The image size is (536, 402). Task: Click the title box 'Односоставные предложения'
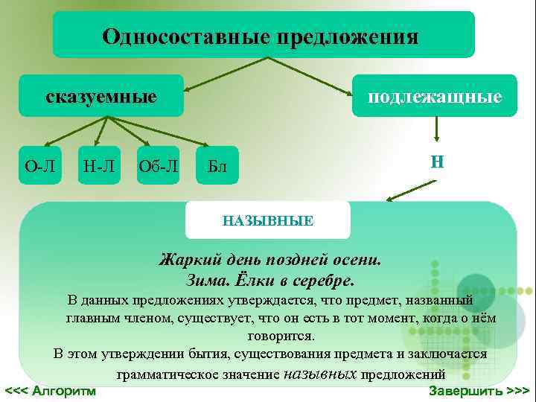coord(263,35)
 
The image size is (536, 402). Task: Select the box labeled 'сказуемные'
coord(101,96)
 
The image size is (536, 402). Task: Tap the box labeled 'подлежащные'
coord(435,96)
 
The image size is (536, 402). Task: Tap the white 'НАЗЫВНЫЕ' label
coord(267,220)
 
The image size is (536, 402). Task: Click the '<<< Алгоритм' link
coord(51,390)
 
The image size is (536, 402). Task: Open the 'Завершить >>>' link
coord(479,390)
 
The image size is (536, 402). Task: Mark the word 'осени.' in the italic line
coord(358,261)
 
